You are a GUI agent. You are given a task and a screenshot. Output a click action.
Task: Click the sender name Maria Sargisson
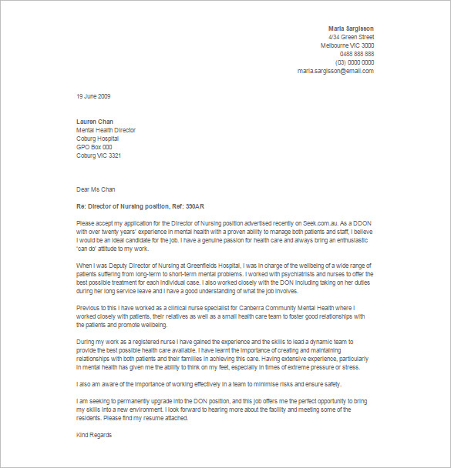(351, 28)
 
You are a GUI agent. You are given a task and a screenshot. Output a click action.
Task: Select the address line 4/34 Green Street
(351, 37)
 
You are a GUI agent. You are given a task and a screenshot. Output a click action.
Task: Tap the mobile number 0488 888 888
(357, 54)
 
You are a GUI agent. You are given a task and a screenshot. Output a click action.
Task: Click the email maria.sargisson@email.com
(335, 71)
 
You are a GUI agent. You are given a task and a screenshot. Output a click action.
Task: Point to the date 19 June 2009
(94, 96)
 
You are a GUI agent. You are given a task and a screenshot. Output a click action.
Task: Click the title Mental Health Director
(106, 130)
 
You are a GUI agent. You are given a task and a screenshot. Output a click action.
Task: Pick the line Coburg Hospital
(98, 139)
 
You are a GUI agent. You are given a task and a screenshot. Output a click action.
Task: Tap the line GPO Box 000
(94, 147)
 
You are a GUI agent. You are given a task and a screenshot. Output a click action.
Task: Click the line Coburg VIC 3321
(99, 155)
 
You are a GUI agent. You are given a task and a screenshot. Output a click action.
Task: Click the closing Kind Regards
(94, 435)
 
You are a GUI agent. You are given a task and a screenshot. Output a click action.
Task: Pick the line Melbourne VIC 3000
(347, 45)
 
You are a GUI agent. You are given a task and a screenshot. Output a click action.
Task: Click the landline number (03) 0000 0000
(355, 62)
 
